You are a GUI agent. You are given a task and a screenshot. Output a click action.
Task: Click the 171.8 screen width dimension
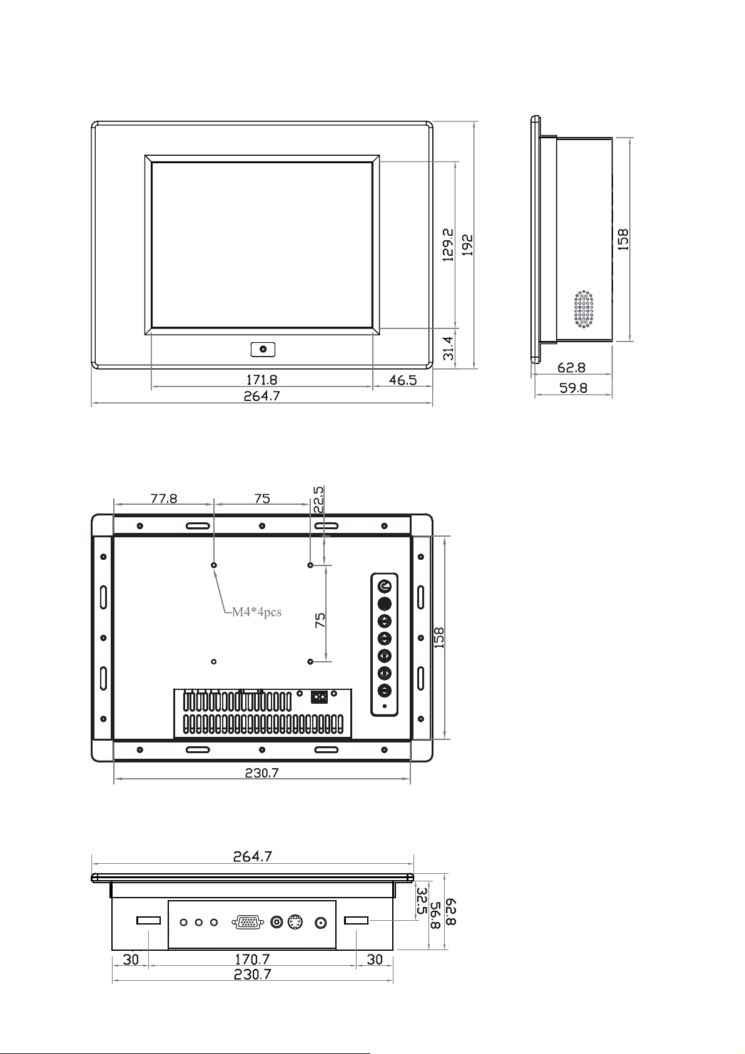coord(261,379)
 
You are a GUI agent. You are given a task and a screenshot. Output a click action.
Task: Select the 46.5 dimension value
coord(403,380)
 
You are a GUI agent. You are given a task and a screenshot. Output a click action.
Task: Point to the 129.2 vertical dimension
coord(448,245)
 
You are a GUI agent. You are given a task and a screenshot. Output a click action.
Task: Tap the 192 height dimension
coord(467,245)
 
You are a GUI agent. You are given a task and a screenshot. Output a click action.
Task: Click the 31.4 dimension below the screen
coord(449,348)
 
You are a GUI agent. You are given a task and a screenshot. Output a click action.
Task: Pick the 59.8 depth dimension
coord(573,388)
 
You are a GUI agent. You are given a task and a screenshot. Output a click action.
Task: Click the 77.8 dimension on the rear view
coord(164,498)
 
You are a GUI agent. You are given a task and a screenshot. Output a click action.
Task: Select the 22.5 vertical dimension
coord(318,500)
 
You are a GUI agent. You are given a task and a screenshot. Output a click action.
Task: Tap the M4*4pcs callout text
coord(256,612)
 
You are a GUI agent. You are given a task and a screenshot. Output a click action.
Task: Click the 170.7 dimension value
coord(252,958)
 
